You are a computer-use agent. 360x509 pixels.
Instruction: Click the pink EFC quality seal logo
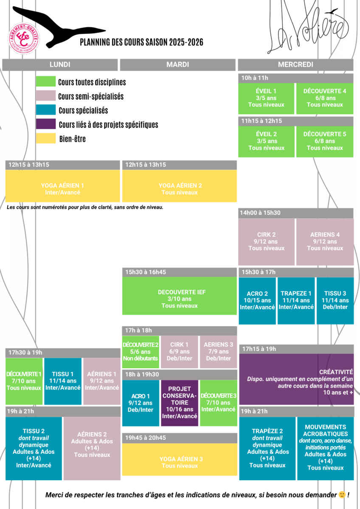point(24,38)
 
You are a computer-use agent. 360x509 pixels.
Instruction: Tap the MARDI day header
point(177,64)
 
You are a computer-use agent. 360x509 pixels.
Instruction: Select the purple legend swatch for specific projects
point(46,124)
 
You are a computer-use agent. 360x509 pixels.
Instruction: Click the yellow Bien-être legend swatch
point(46,138)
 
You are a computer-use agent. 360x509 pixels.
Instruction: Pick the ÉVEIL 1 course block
point(266,98)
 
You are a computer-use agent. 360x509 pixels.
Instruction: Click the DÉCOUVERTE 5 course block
point(325,141)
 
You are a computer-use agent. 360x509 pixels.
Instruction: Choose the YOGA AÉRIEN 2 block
point(180,186)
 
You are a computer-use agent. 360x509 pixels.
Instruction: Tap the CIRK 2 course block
point(266,242)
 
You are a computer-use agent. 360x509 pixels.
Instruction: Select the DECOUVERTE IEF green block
point(180,296)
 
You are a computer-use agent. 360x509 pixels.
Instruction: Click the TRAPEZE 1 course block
point(296,301)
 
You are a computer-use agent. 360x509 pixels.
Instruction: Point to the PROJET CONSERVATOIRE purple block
point(180,403)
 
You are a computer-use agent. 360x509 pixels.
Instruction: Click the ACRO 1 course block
point(141,403)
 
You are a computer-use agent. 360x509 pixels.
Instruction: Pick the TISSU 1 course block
point(63,381)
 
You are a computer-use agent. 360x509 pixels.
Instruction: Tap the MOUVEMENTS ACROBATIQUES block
point(326,448)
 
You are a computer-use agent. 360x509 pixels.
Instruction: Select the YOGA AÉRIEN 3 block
point(180,459)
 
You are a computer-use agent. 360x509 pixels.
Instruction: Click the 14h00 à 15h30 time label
point(260,213)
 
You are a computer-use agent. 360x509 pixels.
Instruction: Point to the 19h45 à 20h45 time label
point(146,438)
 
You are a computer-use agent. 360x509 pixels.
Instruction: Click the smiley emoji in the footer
point(342,495)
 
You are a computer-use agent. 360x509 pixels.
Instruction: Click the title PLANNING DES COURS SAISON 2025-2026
point(141,42)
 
